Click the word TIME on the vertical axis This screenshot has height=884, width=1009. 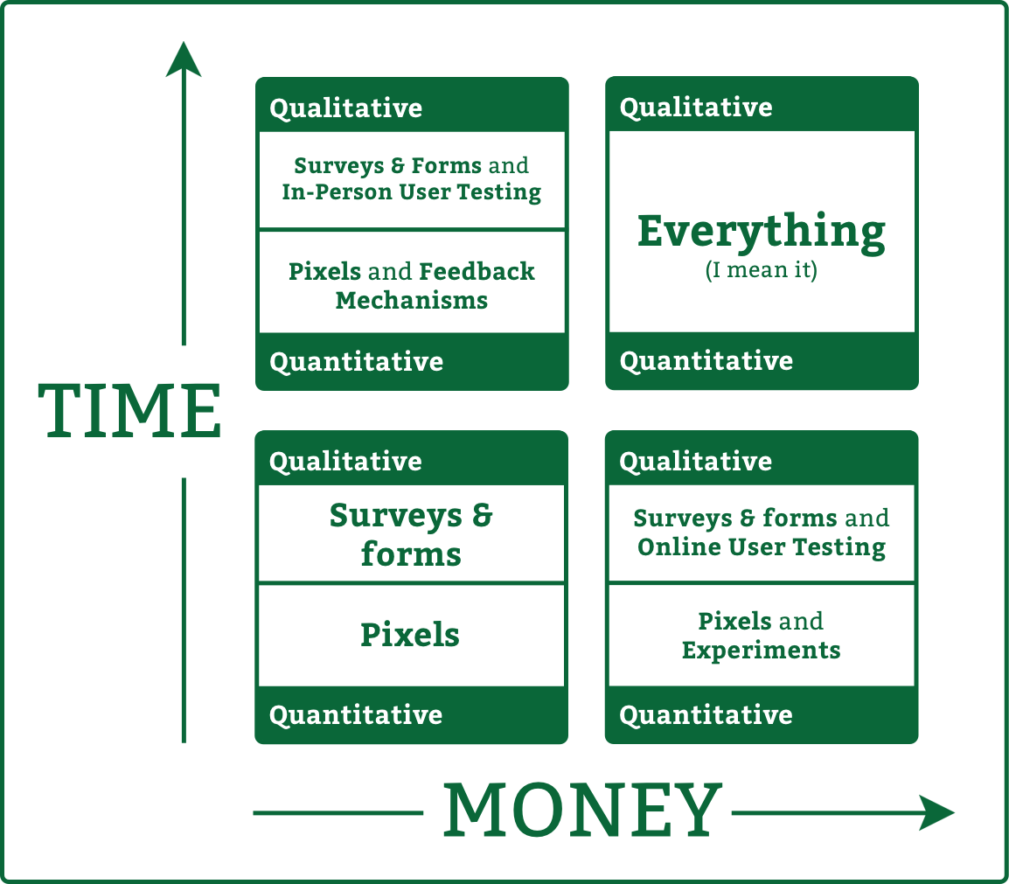[130, 411]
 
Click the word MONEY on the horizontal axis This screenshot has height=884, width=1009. [582, 810]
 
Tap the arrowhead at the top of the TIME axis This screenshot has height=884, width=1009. [184, 59]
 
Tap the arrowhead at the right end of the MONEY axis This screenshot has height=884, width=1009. [936, 812]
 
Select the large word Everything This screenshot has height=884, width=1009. [762, 233]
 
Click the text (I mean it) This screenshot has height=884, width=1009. [762, 269]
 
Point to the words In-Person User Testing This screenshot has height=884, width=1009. [411, 192]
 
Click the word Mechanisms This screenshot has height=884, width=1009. [411, 301]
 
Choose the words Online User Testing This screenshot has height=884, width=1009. [762, 547]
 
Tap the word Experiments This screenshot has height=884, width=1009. [762, 651]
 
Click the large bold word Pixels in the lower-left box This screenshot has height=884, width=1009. [410, 635]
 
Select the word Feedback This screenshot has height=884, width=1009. [477, 272]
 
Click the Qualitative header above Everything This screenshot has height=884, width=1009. [696, 107]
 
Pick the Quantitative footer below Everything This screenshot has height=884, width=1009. [706, 361]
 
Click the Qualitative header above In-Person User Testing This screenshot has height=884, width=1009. [345, 108]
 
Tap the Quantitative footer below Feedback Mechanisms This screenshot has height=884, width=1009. [356, 362]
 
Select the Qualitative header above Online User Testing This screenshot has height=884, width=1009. [696, 462]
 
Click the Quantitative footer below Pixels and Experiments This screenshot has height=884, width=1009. [706, 714]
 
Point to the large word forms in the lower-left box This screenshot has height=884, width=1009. [411, 554]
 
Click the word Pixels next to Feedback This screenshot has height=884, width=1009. [324, 272]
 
